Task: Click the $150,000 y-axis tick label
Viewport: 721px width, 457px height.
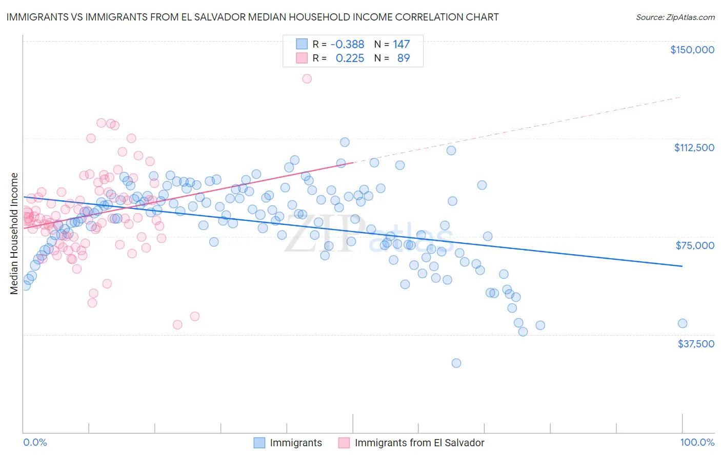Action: (692, 50)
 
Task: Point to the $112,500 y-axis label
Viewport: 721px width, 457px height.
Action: (694, 148)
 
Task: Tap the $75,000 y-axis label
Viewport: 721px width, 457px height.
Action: (695, 245)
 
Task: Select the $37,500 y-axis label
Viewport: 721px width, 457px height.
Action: (696, 344)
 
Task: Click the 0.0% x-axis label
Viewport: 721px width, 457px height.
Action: (35, 443)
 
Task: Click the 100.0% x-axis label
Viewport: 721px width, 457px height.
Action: (697, 443)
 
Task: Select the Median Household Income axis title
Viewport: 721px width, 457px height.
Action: (14, 234)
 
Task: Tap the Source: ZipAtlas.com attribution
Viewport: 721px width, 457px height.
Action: (675, 17)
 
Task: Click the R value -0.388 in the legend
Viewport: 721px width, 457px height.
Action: (347, 45)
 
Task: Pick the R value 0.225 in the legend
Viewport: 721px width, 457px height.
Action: (350, 58)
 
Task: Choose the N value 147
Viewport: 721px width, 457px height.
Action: (402, 45)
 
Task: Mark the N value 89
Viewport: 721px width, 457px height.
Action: (404, 58)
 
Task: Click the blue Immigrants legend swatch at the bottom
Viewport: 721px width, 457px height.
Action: (259, 443)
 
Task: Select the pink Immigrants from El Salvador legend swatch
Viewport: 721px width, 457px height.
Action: (344, 443)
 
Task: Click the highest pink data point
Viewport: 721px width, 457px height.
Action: (307, 79)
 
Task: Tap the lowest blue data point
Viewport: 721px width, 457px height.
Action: (456, 363)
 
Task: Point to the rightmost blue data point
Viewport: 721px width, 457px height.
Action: (682, 323)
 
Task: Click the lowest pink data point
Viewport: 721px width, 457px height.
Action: (177, 325)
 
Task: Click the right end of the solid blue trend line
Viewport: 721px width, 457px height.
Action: (682, 266)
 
